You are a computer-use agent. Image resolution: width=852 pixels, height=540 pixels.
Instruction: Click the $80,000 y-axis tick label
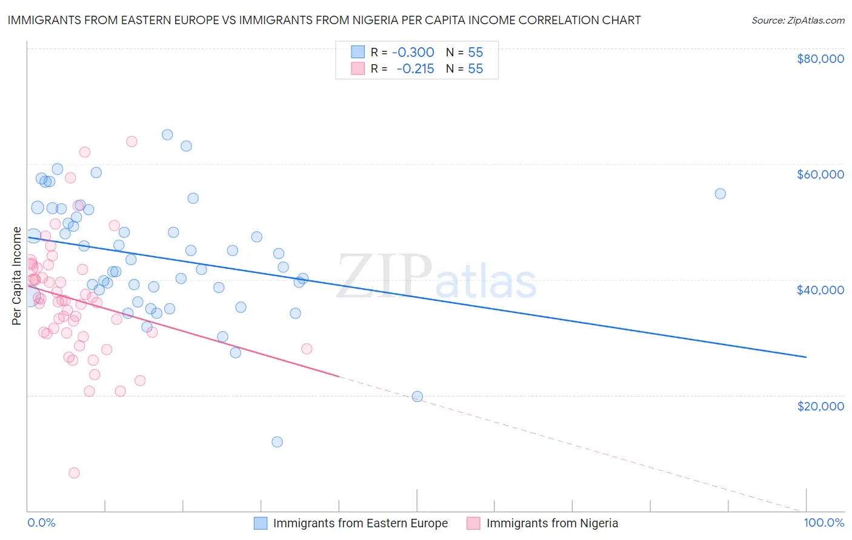coord(820,59)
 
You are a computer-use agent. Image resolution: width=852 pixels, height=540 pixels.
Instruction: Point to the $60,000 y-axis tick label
coord(820,174)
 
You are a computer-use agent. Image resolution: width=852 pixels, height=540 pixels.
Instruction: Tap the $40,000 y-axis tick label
coord(820,290)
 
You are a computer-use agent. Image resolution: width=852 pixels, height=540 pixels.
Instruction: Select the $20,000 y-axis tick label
coord(820,406)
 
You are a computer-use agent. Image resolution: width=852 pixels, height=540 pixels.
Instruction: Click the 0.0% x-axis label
coord(41,523)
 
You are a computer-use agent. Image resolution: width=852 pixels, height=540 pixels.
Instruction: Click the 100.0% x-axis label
coord(824,523)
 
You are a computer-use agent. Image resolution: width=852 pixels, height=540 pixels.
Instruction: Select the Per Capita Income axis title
coord(17,275)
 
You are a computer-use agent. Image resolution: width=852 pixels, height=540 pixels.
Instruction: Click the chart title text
coord(324,20)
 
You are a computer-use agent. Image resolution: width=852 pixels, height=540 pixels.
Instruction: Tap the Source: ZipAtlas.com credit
coord(797,20)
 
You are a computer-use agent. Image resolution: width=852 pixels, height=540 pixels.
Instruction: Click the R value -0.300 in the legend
coord(413,52)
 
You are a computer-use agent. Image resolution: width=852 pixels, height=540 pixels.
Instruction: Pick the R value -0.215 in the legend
coord(415,68)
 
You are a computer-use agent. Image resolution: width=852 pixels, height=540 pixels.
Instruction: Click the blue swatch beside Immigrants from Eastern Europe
coord(261,523)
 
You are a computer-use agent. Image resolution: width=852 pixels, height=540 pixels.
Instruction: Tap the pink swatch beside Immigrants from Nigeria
coord(473,523)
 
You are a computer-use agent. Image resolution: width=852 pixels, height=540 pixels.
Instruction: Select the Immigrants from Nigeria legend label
coord(552,523)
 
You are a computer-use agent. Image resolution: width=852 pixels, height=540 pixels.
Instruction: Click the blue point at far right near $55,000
coord(720,194)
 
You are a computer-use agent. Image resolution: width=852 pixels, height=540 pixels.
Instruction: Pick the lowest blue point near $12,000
coord(277,442)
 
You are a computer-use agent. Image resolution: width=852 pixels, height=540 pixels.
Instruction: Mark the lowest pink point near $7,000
coord(74,473)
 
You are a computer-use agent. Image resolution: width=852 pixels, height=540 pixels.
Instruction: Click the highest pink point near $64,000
coord(131,142)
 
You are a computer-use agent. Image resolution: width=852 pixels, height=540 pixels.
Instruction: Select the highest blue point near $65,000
coord(167,135)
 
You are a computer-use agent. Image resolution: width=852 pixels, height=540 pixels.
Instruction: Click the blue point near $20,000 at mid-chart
coord(417,397)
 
